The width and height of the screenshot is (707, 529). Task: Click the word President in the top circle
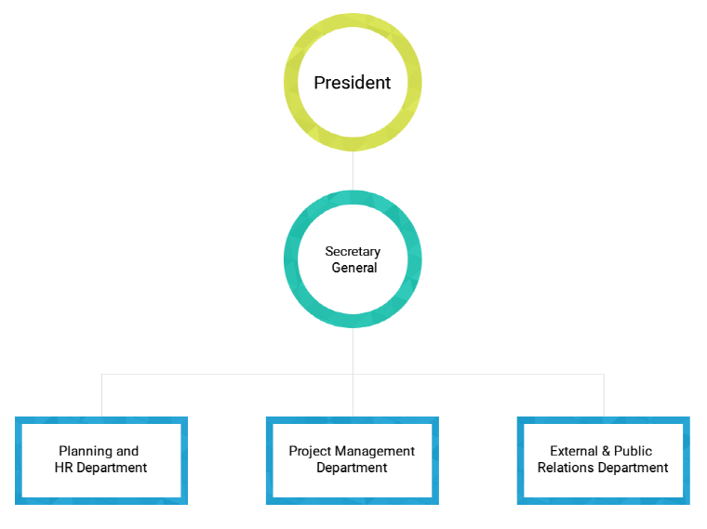click(353, 83)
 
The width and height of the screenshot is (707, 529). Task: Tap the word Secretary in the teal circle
click(353, 252)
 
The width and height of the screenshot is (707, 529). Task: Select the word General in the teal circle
click(353, 268)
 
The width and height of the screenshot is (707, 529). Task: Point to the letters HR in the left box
click(63, 468)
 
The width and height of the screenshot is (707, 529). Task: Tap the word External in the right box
click(574, 451)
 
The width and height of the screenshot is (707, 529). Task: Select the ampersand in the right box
click(606, 451)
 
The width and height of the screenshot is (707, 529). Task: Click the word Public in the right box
click(634, 451)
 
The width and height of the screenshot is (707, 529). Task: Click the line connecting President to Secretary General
click(353, 170)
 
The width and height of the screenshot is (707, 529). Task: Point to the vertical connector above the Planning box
click(102, 395)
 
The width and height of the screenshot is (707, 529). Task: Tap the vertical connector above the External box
click(604, 395)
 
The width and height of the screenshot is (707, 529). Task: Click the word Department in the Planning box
click(112, 469)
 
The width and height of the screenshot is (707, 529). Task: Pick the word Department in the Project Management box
click(352, 469)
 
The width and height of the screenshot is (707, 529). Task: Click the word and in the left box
click(127, 452)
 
